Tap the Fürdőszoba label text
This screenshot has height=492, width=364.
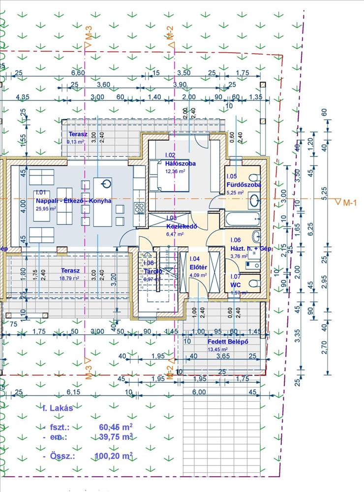243,185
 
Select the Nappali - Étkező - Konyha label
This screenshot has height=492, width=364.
74,201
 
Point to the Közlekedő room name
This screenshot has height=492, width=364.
182,227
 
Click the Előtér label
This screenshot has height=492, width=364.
198,268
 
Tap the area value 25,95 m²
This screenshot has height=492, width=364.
45,208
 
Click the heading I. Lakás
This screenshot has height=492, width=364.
58,408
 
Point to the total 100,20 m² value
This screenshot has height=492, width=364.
113,457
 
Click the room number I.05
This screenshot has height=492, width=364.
232,176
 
